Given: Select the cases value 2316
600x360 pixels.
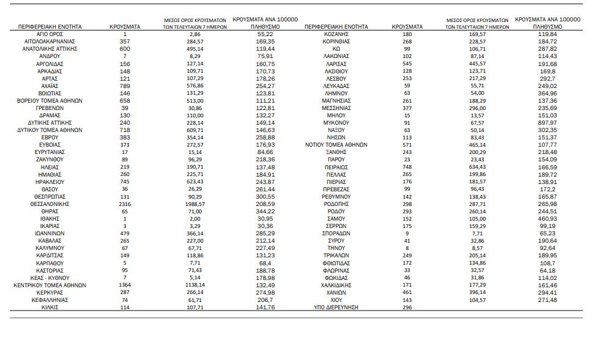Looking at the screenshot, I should tap(125, 204).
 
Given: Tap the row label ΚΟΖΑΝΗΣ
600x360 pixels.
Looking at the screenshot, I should tap(336, 34).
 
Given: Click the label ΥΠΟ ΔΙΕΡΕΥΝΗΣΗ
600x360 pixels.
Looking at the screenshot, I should tap(336, 307).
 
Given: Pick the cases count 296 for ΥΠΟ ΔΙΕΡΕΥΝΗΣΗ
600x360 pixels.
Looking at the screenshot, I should tap(407, 307).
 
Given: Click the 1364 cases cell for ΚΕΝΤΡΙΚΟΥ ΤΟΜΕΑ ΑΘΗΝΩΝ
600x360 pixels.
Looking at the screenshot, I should tap(125, 285).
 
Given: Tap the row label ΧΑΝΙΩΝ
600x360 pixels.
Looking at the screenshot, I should tap(336, 292).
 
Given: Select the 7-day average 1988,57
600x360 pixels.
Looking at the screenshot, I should tap(191, 204).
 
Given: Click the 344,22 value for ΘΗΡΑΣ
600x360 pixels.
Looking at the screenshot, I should tap(265, 211).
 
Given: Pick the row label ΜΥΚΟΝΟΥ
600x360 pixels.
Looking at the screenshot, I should tap(336, 122).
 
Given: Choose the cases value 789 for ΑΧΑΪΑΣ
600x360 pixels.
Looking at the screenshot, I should tap(125, 86).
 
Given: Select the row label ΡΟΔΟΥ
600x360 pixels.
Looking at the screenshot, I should tap(336, 211).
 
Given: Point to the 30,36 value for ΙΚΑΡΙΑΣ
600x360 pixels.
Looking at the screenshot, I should tap(265, 226).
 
